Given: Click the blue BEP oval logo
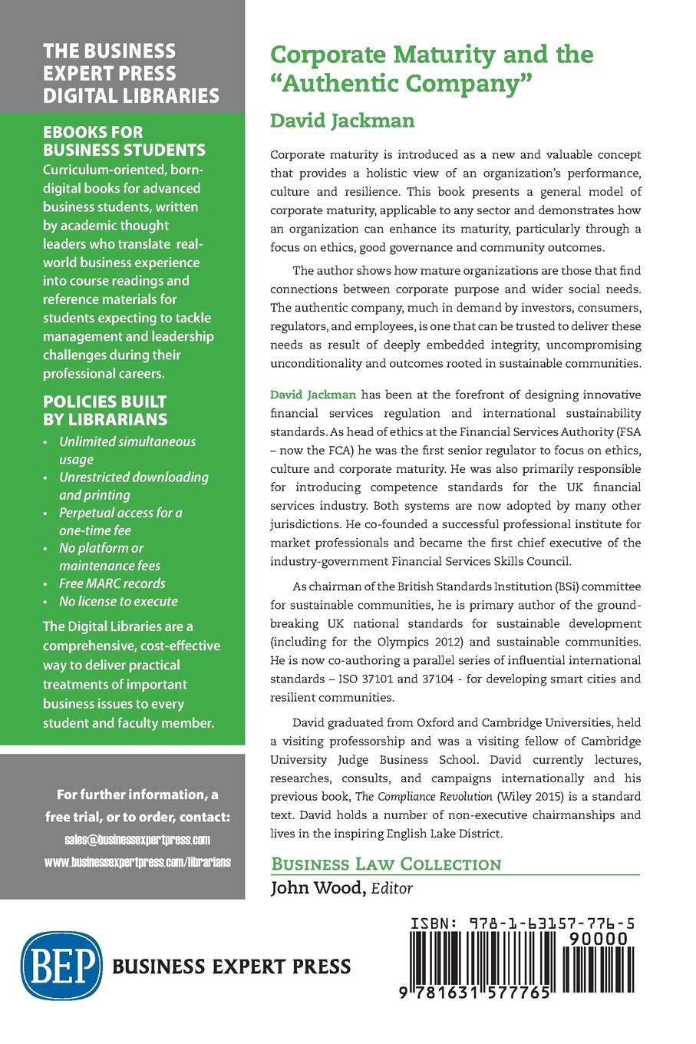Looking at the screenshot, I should coord(62,964).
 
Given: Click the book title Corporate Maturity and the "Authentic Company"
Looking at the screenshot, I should coord(432,68).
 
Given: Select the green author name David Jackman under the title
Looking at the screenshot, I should coord(342,121).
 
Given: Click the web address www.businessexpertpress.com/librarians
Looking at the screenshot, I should coord(137,861).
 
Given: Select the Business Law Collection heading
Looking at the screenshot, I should coord(386,864).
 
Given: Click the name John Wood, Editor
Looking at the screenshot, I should coord(341,888).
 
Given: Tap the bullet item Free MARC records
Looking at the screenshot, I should coord(112,583).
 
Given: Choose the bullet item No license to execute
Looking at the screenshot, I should coord(118,601).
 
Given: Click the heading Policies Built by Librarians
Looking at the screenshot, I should coord(104,410).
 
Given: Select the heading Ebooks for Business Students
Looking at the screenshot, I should coord(124,140).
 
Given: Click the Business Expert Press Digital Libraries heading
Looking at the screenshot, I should coord(130,73).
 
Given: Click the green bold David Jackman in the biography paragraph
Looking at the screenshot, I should coord(313,395).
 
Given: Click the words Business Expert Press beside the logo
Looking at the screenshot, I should coord(232,966).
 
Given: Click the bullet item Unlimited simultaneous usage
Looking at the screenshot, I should coord(127,451).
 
